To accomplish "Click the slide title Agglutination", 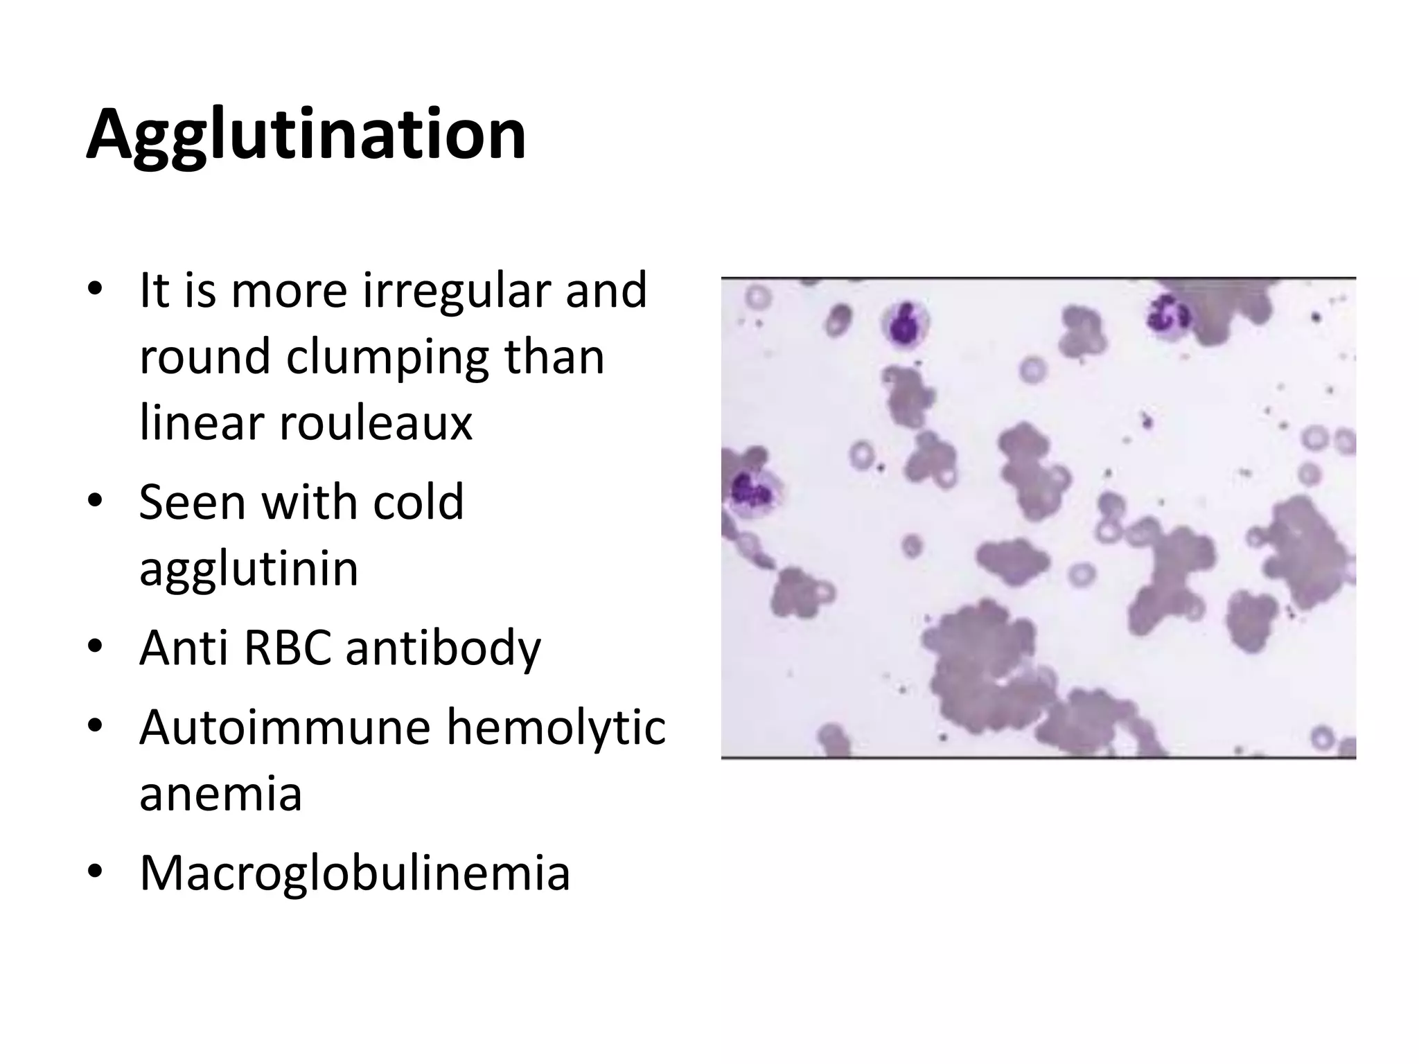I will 306,135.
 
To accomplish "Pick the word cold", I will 418,502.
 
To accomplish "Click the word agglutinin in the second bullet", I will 249,569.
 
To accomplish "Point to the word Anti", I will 182,648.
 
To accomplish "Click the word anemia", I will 220,794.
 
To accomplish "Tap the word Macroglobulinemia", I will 355,873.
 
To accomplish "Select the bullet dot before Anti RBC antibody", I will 95,646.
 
